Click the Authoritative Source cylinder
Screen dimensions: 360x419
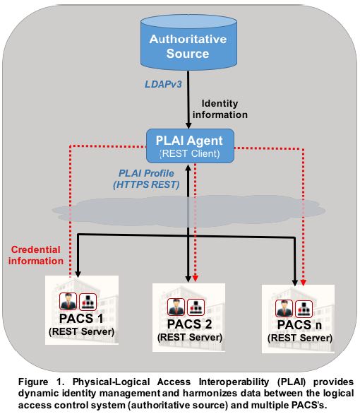(188, 42)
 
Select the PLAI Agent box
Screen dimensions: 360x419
(190, 146)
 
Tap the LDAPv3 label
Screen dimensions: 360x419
(163, 84)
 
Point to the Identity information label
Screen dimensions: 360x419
(220, 109)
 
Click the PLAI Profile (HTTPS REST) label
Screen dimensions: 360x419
(146, 179)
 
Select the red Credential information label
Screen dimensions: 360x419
(36, 255)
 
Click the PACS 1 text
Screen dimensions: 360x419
(81, 319)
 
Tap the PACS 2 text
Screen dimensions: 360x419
(189, 324)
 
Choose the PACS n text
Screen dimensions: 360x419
(299, 325)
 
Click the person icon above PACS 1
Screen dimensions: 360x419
(68, 302)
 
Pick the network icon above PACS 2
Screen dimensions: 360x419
(196, 307)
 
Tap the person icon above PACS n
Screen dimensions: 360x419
(284, 308)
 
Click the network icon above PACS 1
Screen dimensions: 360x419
(88, 302)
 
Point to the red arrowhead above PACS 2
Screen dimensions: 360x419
(196, 278)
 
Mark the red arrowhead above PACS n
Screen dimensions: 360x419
(303, 283)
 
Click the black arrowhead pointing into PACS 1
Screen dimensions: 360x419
(78, 274)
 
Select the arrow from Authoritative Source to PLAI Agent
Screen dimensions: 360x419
(188, 100)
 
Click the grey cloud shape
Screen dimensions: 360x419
(188, 211)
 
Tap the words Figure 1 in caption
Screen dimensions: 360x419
(42, 382)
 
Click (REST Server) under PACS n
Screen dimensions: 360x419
(300, 338)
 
